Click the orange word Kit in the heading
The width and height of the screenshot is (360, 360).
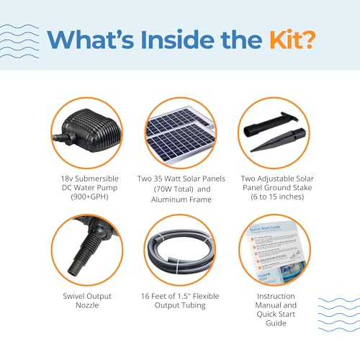click(x=292, y=40)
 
